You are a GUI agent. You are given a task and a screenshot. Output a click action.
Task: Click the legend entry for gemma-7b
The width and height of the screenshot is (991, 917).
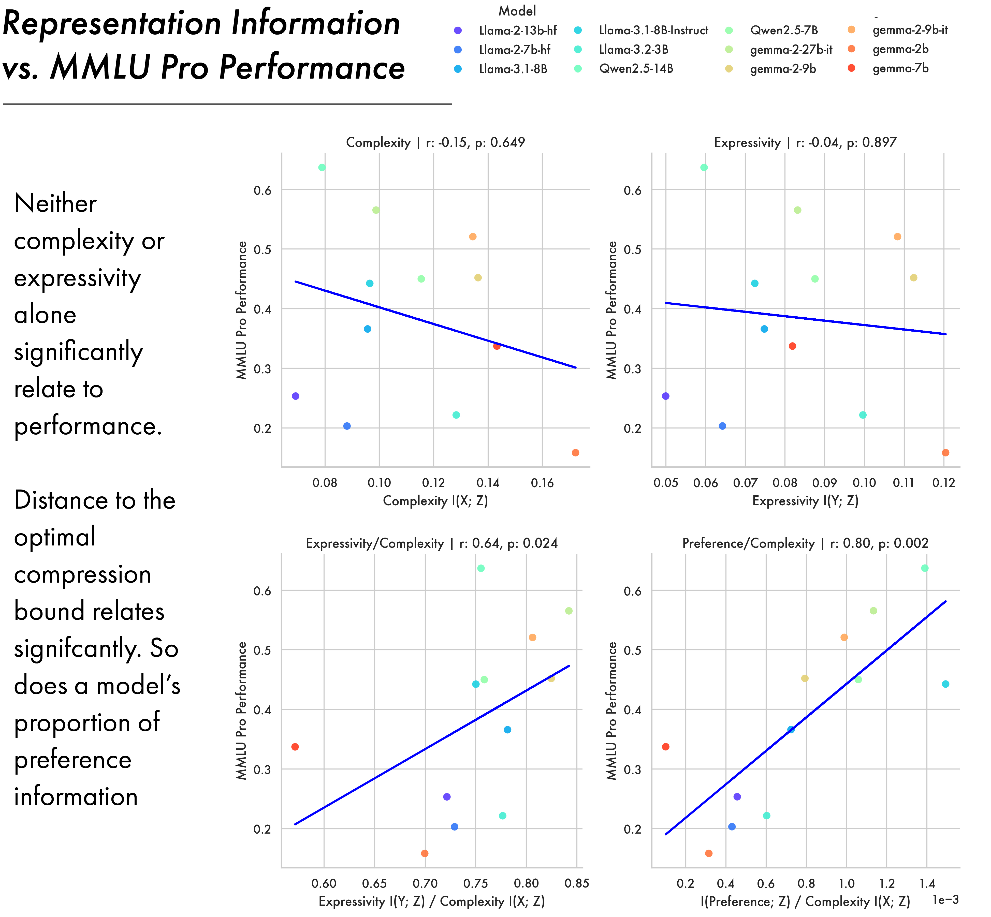coord(900,68)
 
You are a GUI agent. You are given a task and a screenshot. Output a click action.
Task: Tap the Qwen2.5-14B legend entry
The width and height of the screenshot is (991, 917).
coord(636,68)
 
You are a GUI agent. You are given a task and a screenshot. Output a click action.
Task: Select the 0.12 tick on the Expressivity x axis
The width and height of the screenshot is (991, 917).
coord(943,483)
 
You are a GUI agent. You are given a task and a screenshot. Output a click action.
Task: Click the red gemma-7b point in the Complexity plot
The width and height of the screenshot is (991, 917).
coord(497,346)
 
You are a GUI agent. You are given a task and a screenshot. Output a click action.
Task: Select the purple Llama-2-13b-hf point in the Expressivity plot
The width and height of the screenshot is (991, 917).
coord(665,396)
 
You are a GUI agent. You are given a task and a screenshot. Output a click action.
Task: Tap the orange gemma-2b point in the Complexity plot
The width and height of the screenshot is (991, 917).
coord(575,453)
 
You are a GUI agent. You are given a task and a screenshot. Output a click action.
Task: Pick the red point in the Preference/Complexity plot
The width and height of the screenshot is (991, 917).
coord(665,747)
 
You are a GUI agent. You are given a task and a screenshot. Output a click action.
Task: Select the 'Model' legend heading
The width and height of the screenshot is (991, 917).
coord(517,11)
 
